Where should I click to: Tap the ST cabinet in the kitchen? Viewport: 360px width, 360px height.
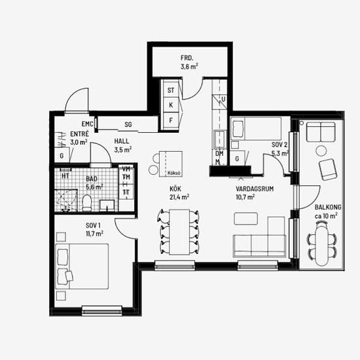pos(171,90)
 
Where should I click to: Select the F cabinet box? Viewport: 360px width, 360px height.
pos(171,120)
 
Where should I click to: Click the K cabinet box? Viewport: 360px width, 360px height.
pos(171,105)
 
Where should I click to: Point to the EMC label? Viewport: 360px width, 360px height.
pos(88,124)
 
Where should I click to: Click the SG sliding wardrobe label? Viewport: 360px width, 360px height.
pos(128,124)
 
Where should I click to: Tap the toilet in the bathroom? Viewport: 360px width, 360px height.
pos(87,203)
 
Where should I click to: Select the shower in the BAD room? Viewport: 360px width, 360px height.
pos(66,200)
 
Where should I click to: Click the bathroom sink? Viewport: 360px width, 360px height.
pos(107,206)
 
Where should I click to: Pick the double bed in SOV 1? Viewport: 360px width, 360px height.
pos(82,266)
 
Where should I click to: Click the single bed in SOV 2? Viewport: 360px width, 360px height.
pos(256,128)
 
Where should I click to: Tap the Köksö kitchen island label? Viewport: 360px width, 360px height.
pos(174,173)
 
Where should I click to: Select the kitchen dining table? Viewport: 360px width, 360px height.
pos(179,232)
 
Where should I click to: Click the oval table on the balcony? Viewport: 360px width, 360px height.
pos(322,244)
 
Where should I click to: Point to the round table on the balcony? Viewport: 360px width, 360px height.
pos(321,151)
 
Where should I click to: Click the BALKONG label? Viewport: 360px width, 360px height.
pos(328,207)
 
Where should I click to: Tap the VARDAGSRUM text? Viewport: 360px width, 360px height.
pos(255,189)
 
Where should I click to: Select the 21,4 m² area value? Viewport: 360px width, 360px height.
pos(179,197)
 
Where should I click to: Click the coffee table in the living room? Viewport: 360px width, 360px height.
pos(245,219)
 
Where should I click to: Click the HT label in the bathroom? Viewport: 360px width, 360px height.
pos(65,176)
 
